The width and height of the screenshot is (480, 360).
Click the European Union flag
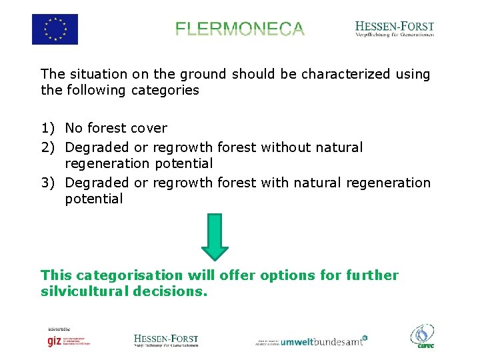(x=55, y=29)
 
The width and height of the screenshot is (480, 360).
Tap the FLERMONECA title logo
(x=240, y=29)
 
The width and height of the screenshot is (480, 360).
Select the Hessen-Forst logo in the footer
(x=166, y=341)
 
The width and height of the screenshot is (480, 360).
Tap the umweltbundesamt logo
(x=312, y=341)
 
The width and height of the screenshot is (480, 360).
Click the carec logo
(x=422, y=337)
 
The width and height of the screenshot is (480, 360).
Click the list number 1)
(x=49, y=128)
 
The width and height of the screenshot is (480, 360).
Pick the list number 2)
(x=49, y=147)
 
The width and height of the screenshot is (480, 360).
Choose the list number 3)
(x=49, y=183)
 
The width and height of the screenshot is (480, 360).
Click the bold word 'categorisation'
(x=129, y=275)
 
